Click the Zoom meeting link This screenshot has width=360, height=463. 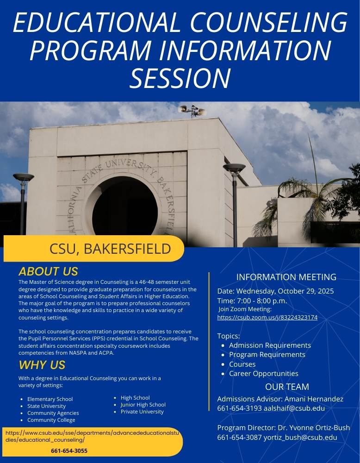pyautogui.click(x=267, y=318)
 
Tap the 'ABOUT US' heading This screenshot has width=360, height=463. pyautogui.click(x=48, y=271)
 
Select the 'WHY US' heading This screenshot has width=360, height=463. pyautogui.click(x=42, y=365)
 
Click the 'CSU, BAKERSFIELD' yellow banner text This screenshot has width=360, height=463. pyautogui.click(x=110, y=249)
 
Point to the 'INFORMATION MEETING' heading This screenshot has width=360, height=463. pyautogui.click(x=286, y=277)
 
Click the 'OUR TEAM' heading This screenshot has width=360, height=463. pyautogui.click(x=287, y=387)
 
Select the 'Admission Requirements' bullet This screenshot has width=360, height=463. pyautogui.click(x=270, y=345)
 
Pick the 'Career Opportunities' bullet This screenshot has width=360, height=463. pyautogui.click(x=263, y=374)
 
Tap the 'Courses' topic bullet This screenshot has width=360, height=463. pyautogui.click(x=242, y=364)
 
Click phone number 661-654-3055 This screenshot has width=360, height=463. pyautogui.click(x=69, y=450)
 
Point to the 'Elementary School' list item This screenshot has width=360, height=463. pyautogui.click(x=50, y=399)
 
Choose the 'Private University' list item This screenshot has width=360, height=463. pyautogui.click(x=142, y=412)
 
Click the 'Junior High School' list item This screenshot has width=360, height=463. pyautogui.click(x=143, y=405)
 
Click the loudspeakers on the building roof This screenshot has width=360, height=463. pyautogui.click(x=192, y=110)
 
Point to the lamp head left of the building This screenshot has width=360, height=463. pyautogui.click(x=23, y=177)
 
